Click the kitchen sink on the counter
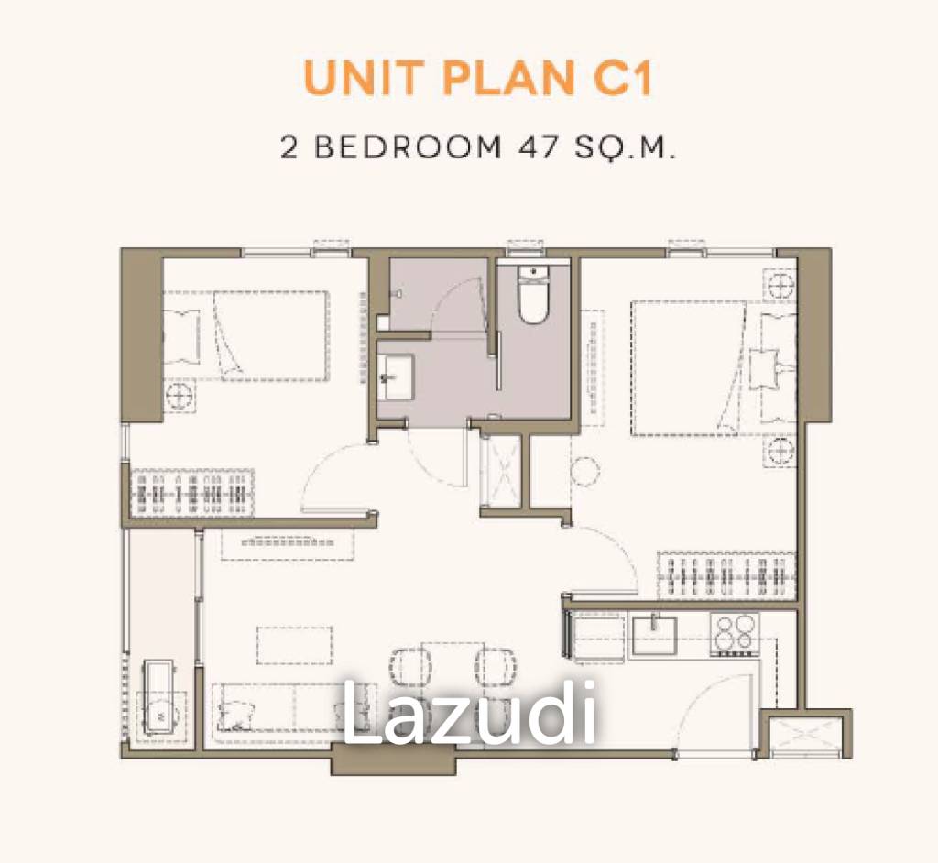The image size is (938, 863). pos(654,636)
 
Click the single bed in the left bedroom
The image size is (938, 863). pos(246,335)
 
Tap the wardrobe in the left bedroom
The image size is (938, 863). pos(192,493)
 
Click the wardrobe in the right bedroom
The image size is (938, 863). pos(726,574)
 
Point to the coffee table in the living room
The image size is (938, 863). pos(295,645)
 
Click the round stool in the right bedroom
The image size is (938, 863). pos(585,471)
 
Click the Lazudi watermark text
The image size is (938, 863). pos(469,714)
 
